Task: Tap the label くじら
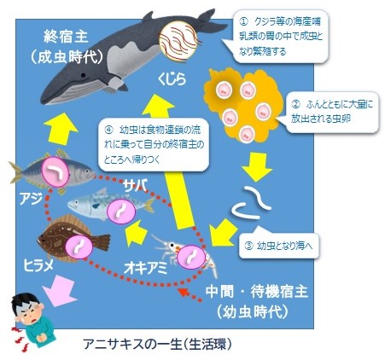coord(171,80)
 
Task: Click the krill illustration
coord(190,253)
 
